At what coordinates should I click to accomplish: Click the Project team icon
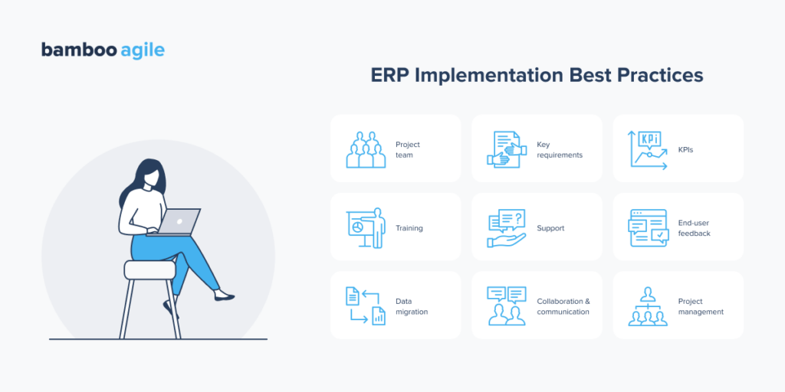pyautogui.click(x=365, y=149)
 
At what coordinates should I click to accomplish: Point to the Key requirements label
pyautogui.click(x=559, y=149)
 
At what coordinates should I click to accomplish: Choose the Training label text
pyautogui.click(x=409, y=228)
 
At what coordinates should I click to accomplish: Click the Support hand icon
pyautogui.click(x=507, y=228)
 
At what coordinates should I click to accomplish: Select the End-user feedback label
pyautogui.click(x=694, y=228)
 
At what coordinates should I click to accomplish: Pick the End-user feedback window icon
pyautogui.click(x=649, y=228)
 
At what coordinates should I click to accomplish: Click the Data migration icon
pyautogui.click(x=366, y=305)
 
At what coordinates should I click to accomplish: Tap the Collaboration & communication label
pyautogui.click(x=563, y=306)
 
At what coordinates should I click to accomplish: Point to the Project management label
pyautogui.click(x=701, y=306)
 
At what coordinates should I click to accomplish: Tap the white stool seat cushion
pyautogui.click(x=150, y=269)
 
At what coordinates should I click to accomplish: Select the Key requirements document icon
pyautogui.click(x=506, y=149)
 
